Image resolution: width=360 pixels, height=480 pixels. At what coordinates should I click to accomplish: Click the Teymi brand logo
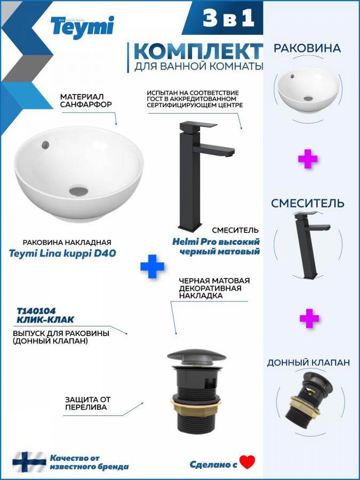coord(82,27)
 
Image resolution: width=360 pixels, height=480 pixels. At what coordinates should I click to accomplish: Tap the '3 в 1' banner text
coord(228,18)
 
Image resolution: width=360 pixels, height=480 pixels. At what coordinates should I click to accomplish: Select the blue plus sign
coord(152,266)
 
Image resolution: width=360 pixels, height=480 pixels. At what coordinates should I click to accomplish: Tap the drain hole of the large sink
coord(79,191)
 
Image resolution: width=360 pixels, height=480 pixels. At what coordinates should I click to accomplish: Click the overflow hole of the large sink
coord(46,145)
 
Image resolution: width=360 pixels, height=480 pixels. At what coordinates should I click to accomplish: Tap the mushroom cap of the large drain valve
coord(196,357)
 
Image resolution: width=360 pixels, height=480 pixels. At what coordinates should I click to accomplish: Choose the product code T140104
coord(36,311)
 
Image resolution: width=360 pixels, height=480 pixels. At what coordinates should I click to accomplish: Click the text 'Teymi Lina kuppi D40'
coord(62,253)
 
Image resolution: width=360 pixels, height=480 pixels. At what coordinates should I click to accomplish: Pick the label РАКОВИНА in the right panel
coord(307,48)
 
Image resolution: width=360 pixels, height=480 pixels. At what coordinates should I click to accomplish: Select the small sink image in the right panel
coord(308,90)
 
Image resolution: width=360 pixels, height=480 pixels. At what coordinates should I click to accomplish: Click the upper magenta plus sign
coord(307,158)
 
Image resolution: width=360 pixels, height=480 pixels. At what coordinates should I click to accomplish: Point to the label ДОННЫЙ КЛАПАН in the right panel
coord(308,363)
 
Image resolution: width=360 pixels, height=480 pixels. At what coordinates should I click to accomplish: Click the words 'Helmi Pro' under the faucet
coord(190,242)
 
